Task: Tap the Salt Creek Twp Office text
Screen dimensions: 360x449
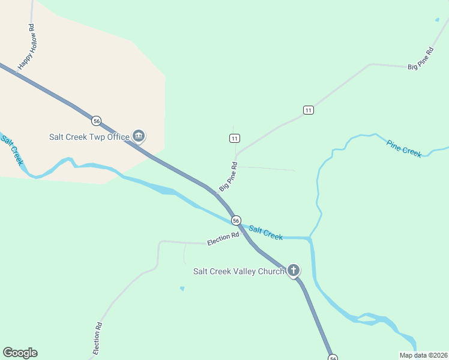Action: pos(89,137)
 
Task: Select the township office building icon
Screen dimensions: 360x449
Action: pos(139,136)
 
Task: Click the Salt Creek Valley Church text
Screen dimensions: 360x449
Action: pos(238,271)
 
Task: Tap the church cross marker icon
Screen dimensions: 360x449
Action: pos(294,271)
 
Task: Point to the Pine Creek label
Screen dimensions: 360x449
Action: pos(404,148)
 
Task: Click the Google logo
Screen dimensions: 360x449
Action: pos(20,353)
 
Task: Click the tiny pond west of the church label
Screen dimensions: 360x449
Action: pos(182,289)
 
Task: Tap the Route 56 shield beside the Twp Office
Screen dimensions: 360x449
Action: pos(96,121)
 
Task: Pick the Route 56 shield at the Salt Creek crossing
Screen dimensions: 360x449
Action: pos(236,220)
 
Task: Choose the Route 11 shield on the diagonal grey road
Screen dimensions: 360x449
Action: pos(308,110)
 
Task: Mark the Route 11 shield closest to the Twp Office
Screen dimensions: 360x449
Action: pos(234,139)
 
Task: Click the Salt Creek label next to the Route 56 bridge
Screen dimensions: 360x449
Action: pos(265,233)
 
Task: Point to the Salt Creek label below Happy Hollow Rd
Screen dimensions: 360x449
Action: pos(12,150)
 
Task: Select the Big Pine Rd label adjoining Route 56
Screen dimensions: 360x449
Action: pos(229,176)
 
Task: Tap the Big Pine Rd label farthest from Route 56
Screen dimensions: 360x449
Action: pos(420,59)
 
